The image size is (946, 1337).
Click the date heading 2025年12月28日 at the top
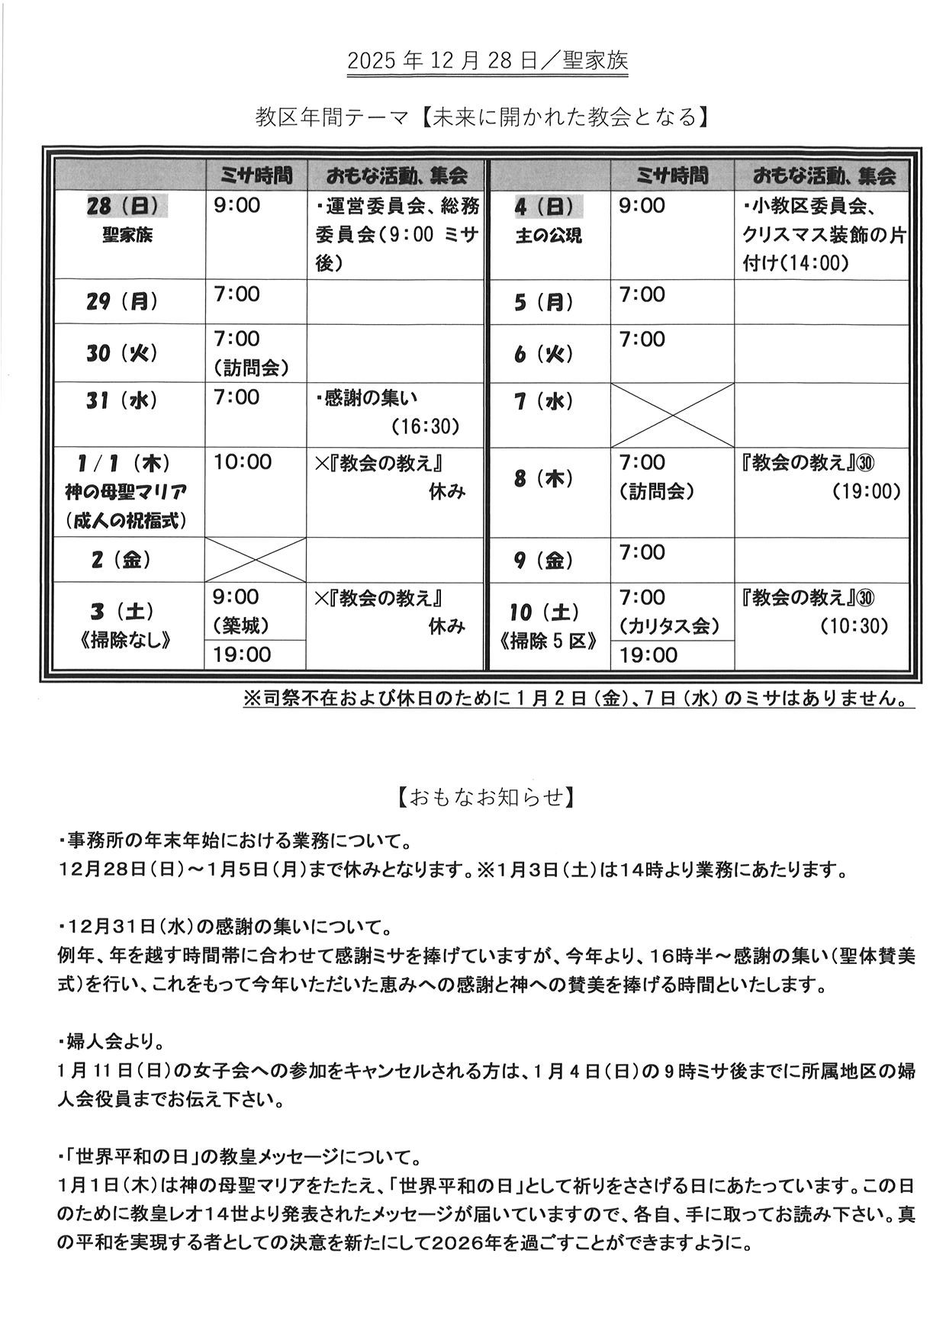[487, 62]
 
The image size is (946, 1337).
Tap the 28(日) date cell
[126, 206]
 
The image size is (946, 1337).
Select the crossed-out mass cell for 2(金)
[255, 561]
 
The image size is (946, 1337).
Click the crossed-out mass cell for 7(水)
[672, 415]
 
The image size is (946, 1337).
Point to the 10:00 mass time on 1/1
[242, 462]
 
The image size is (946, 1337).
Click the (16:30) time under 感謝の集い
[426, 426]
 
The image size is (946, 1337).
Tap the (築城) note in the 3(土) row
[241, 626]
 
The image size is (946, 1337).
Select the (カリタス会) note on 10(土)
[669, 626]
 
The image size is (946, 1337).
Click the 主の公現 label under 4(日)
[548, 236]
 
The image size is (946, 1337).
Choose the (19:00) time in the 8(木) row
[866, 491]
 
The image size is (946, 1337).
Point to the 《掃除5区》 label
[549, 641]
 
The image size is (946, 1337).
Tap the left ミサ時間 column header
[256, 176]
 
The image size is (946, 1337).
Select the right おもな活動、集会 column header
[823, 176]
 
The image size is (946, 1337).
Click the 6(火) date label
[543, 355]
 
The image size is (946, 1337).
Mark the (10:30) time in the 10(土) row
[854, 626]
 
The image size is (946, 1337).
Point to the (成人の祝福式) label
[126, 521]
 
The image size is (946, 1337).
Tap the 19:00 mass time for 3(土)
[242, 654]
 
